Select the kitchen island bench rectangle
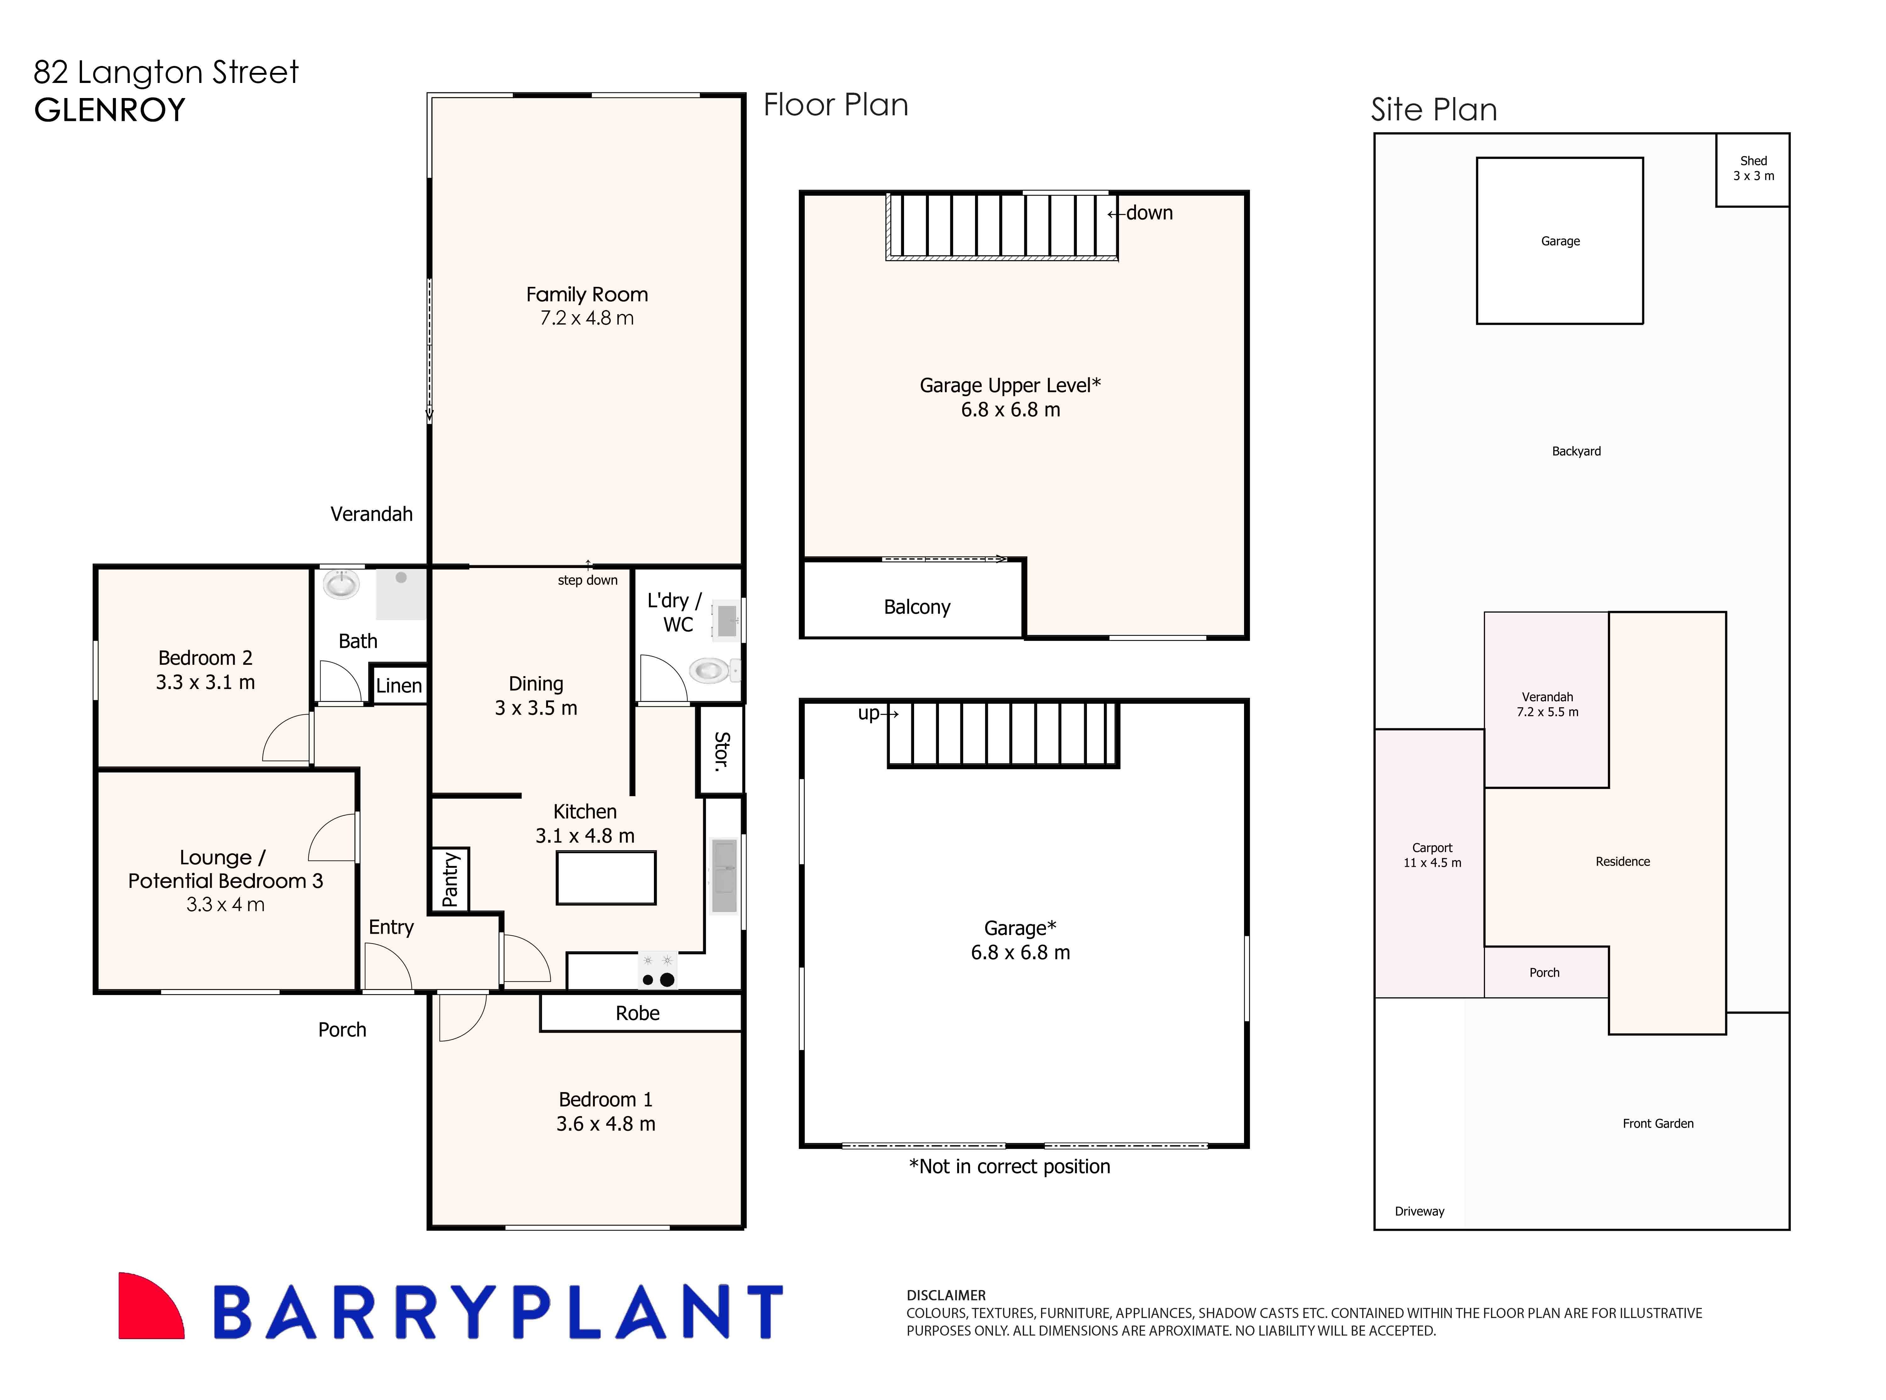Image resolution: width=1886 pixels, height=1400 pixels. tap(605, 878)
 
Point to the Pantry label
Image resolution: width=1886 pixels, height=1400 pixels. tap(450, 880)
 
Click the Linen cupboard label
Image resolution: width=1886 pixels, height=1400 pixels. tap(398, 686)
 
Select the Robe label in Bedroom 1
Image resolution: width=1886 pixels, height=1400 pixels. tap(638, 1014)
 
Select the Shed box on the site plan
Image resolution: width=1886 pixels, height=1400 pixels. tap(1752, 169)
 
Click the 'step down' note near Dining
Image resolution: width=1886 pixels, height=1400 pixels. tap(587, 581)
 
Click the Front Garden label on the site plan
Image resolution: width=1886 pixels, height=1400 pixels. tap(1657, 1124)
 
